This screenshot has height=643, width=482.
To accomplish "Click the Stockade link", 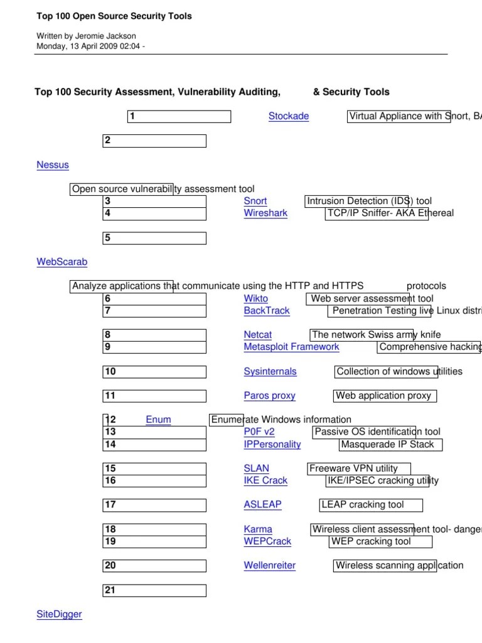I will coord(288,116).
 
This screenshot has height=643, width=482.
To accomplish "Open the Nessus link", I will coord(53,165).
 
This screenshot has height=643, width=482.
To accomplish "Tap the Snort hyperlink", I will coord(255,201).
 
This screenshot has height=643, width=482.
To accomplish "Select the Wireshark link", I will coord(265,213).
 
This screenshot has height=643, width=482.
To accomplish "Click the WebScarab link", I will coord(62,262).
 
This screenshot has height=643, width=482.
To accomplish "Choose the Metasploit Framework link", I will coord(291,347).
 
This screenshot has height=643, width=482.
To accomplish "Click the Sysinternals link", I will coord(270,371).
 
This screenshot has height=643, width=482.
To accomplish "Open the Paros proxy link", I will coord(269,396).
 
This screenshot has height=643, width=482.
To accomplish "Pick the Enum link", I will coord(158,419).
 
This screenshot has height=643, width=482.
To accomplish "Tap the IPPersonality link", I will coord(272,444).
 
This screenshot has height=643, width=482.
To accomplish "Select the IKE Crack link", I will coord(265,480).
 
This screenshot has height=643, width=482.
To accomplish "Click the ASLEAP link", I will coord(262,504).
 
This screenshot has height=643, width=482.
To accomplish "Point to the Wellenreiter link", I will coord(269,565).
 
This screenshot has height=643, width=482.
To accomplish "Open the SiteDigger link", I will coord(59,614).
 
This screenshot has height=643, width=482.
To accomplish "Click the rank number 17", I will coord(110,505).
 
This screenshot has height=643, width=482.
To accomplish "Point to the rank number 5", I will coord(108,238).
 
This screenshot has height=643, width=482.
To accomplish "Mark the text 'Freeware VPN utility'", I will coord(354,468).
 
